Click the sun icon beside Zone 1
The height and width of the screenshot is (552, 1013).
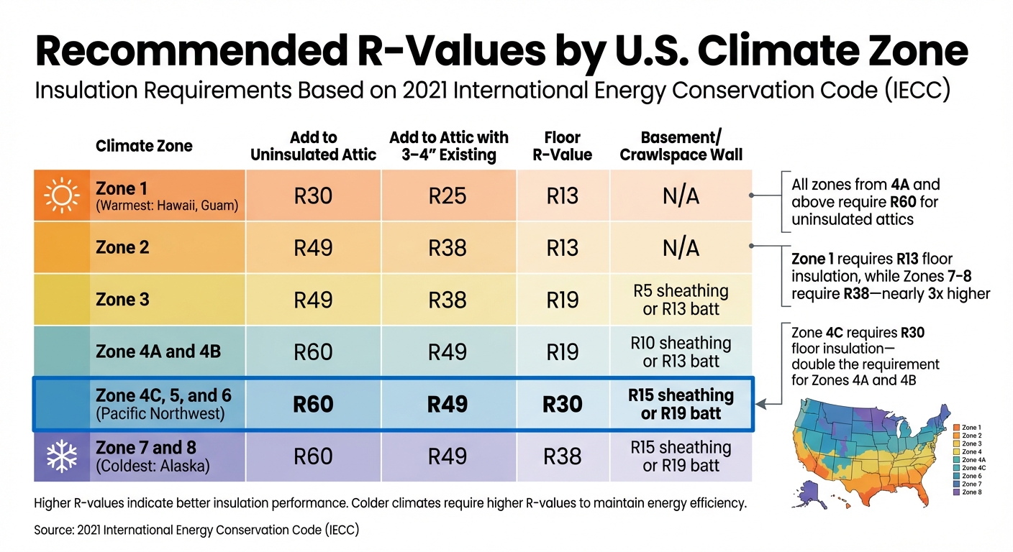point(61,195)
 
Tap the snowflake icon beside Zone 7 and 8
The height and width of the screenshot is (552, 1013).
point(61,456)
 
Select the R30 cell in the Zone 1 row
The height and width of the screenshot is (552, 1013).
point(313,195)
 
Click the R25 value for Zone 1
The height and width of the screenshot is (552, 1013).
point(448,195)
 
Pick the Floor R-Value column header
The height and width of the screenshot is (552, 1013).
point(563,146)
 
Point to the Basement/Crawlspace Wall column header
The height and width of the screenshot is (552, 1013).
point(681,146)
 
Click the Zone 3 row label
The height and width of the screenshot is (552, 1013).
point(122,299)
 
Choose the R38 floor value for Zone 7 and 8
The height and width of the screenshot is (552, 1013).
point(562,456)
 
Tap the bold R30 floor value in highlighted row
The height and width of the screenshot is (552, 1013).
point(562,404)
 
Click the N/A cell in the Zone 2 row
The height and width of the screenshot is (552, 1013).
point(681,248)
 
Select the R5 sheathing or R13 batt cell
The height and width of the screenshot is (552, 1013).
point(681,300)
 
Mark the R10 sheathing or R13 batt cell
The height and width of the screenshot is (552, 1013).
point(681,352)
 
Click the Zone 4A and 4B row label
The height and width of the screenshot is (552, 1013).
point(158,352)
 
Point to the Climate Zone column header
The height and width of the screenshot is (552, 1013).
point(144,146)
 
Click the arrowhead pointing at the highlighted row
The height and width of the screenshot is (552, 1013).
point(760,405)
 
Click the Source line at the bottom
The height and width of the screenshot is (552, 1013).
point(196,530)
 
